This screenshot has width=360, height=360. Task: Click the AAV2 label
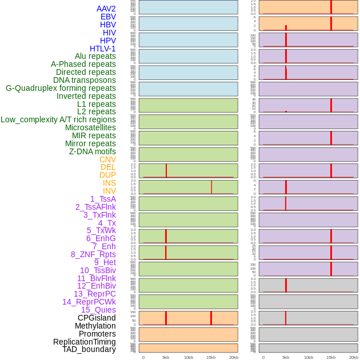[x=106, y=9]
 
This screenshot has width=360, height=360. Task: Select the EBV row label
[x=108, y=17]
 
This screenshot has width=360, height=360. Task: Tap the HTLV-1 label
[x=103, y=49]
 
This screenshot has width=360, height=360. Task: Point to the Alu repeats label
[x=95, y=56]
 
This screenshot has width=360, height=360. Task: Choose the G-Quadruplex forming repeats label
[x=61, y=88]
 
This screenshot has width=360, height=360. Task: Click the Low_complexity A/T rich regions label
[x=58, y=119]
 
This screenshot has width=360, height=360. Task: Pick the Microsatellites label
[x=90, y=127]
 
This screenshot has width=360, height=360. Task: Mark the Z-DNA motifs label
[x=93, y=151]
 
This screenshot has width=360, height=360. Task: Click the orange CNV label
[x=107, y=159]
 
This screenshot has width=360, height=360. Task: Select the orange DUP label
[x=107, y=175]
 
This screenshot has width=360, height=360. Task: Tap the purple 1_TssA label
[x=103, y=199]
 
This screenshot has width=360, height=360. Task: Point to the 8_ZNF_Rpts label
[x=93, y=254]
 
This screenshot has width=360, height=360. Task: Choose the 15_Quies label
[x=98, y=310]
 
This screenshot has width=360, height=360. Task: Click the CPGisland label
[x=97, y=318]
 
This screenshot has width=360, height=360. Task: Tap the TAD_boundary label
[x=89, y=349]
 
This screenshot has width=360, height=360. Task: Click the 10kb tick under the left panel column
[x=189, y=357]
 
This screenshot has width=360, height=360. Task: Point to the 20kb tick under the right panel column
[x=354, y=357]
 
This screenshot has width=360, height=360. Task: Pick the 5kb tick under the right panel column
[x=286, y=357]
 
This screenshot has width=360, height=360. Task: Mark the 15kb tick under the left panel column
[x=211, y=357]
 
